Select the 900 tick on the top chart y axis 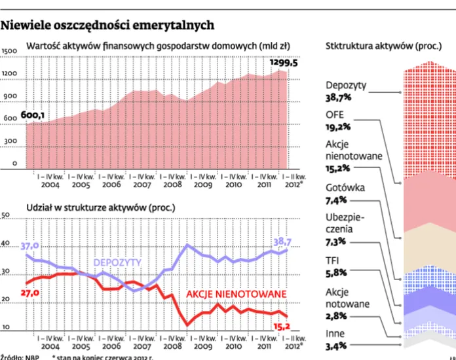pos(9,97)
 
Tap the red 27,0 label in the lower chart pos(30,293)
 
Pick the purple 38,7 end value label pos(284,241)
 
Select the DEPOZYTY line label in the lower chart pos(117,262)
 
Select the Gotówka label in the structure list pos(345,188)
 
